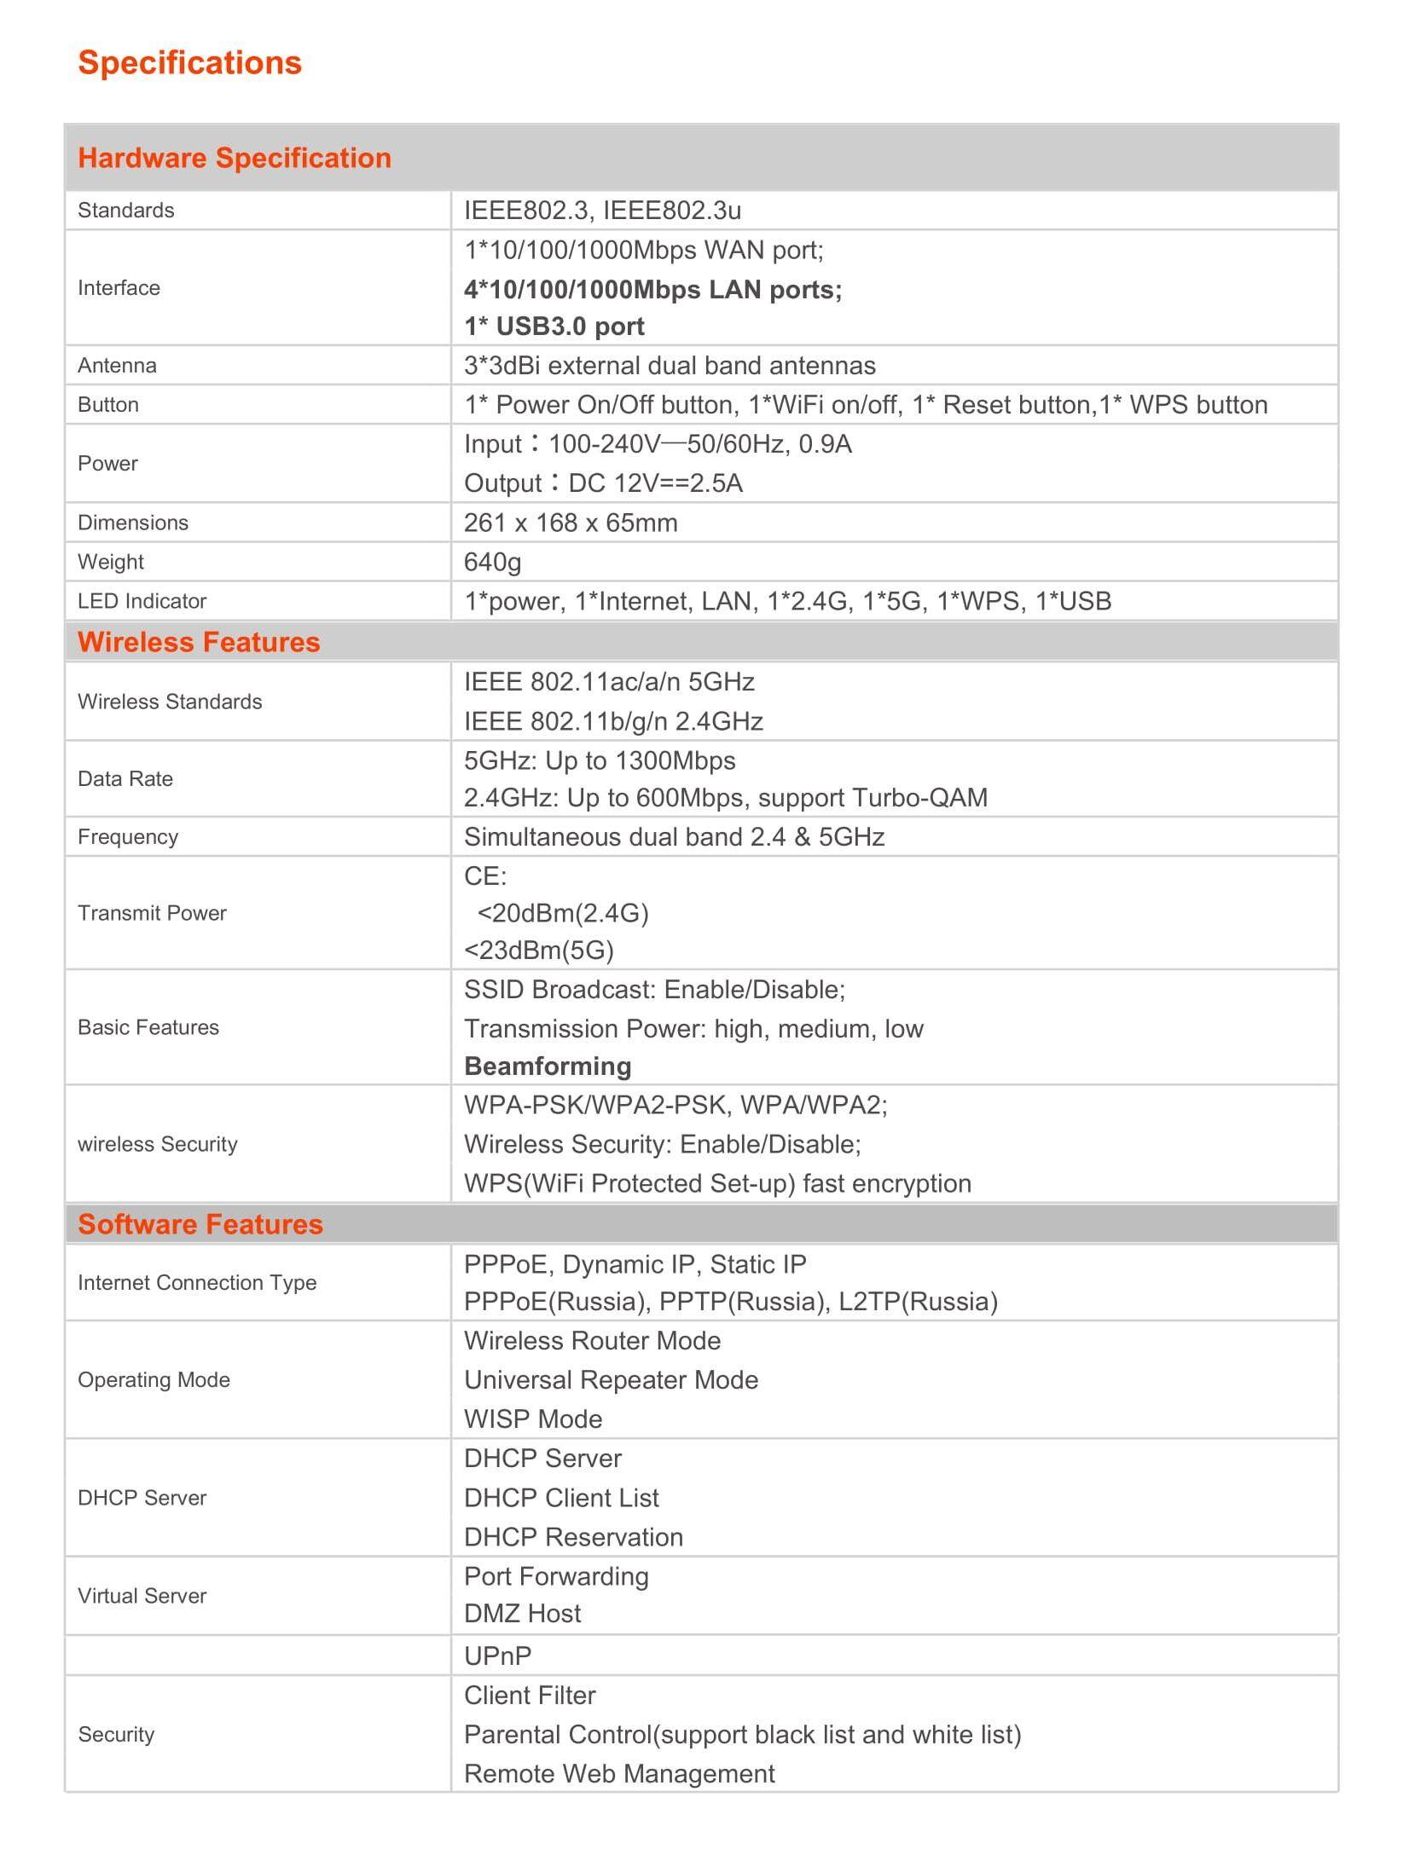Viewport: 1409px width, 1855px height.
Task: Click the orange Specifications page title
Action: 189,63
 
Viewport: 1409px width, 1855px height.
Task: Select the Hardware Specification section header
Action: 235,158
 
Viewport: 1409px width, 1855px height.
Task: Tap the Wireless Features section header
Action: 199,642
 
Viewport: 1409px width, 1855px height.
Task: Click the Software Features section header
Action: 200,1224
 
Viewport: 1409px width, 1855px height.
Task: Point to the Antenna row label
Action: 117,366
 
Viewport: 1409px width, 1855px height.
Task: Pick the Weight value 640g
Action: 492,562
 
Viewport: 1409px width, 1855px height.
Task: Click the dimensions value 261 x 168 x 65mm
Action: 571,523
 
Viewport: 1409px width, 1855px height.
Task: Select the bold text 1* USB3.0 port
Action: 554,327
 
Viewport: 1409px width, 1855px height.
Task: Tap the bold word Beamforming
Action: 548,1066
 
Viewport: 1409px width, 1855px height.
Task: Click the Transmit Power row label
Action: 152,913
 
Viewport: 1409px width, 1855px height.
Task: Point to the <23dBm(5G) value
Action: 538,950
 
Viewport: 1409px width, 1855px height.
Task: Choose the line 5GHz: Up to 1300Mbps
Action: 600,760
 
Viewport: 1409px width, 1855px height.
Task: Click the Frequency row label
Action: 128,837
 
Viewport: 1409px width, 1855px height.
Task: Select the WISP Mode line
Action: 533,1419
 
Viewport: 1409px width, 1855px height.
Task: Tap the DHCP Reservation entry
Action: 573,1537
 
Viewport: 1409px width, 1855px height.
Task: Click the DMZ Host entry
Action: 522,1613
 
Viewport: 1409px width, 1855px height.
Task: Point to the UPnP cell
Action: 497,1656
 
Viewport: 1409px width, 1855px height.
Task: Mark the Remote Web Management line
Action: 619,1773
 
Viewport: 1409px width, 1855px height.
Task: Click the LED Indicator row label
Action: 142,601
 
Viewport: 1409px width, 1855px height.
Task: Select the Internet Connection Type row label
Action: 197,1282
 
